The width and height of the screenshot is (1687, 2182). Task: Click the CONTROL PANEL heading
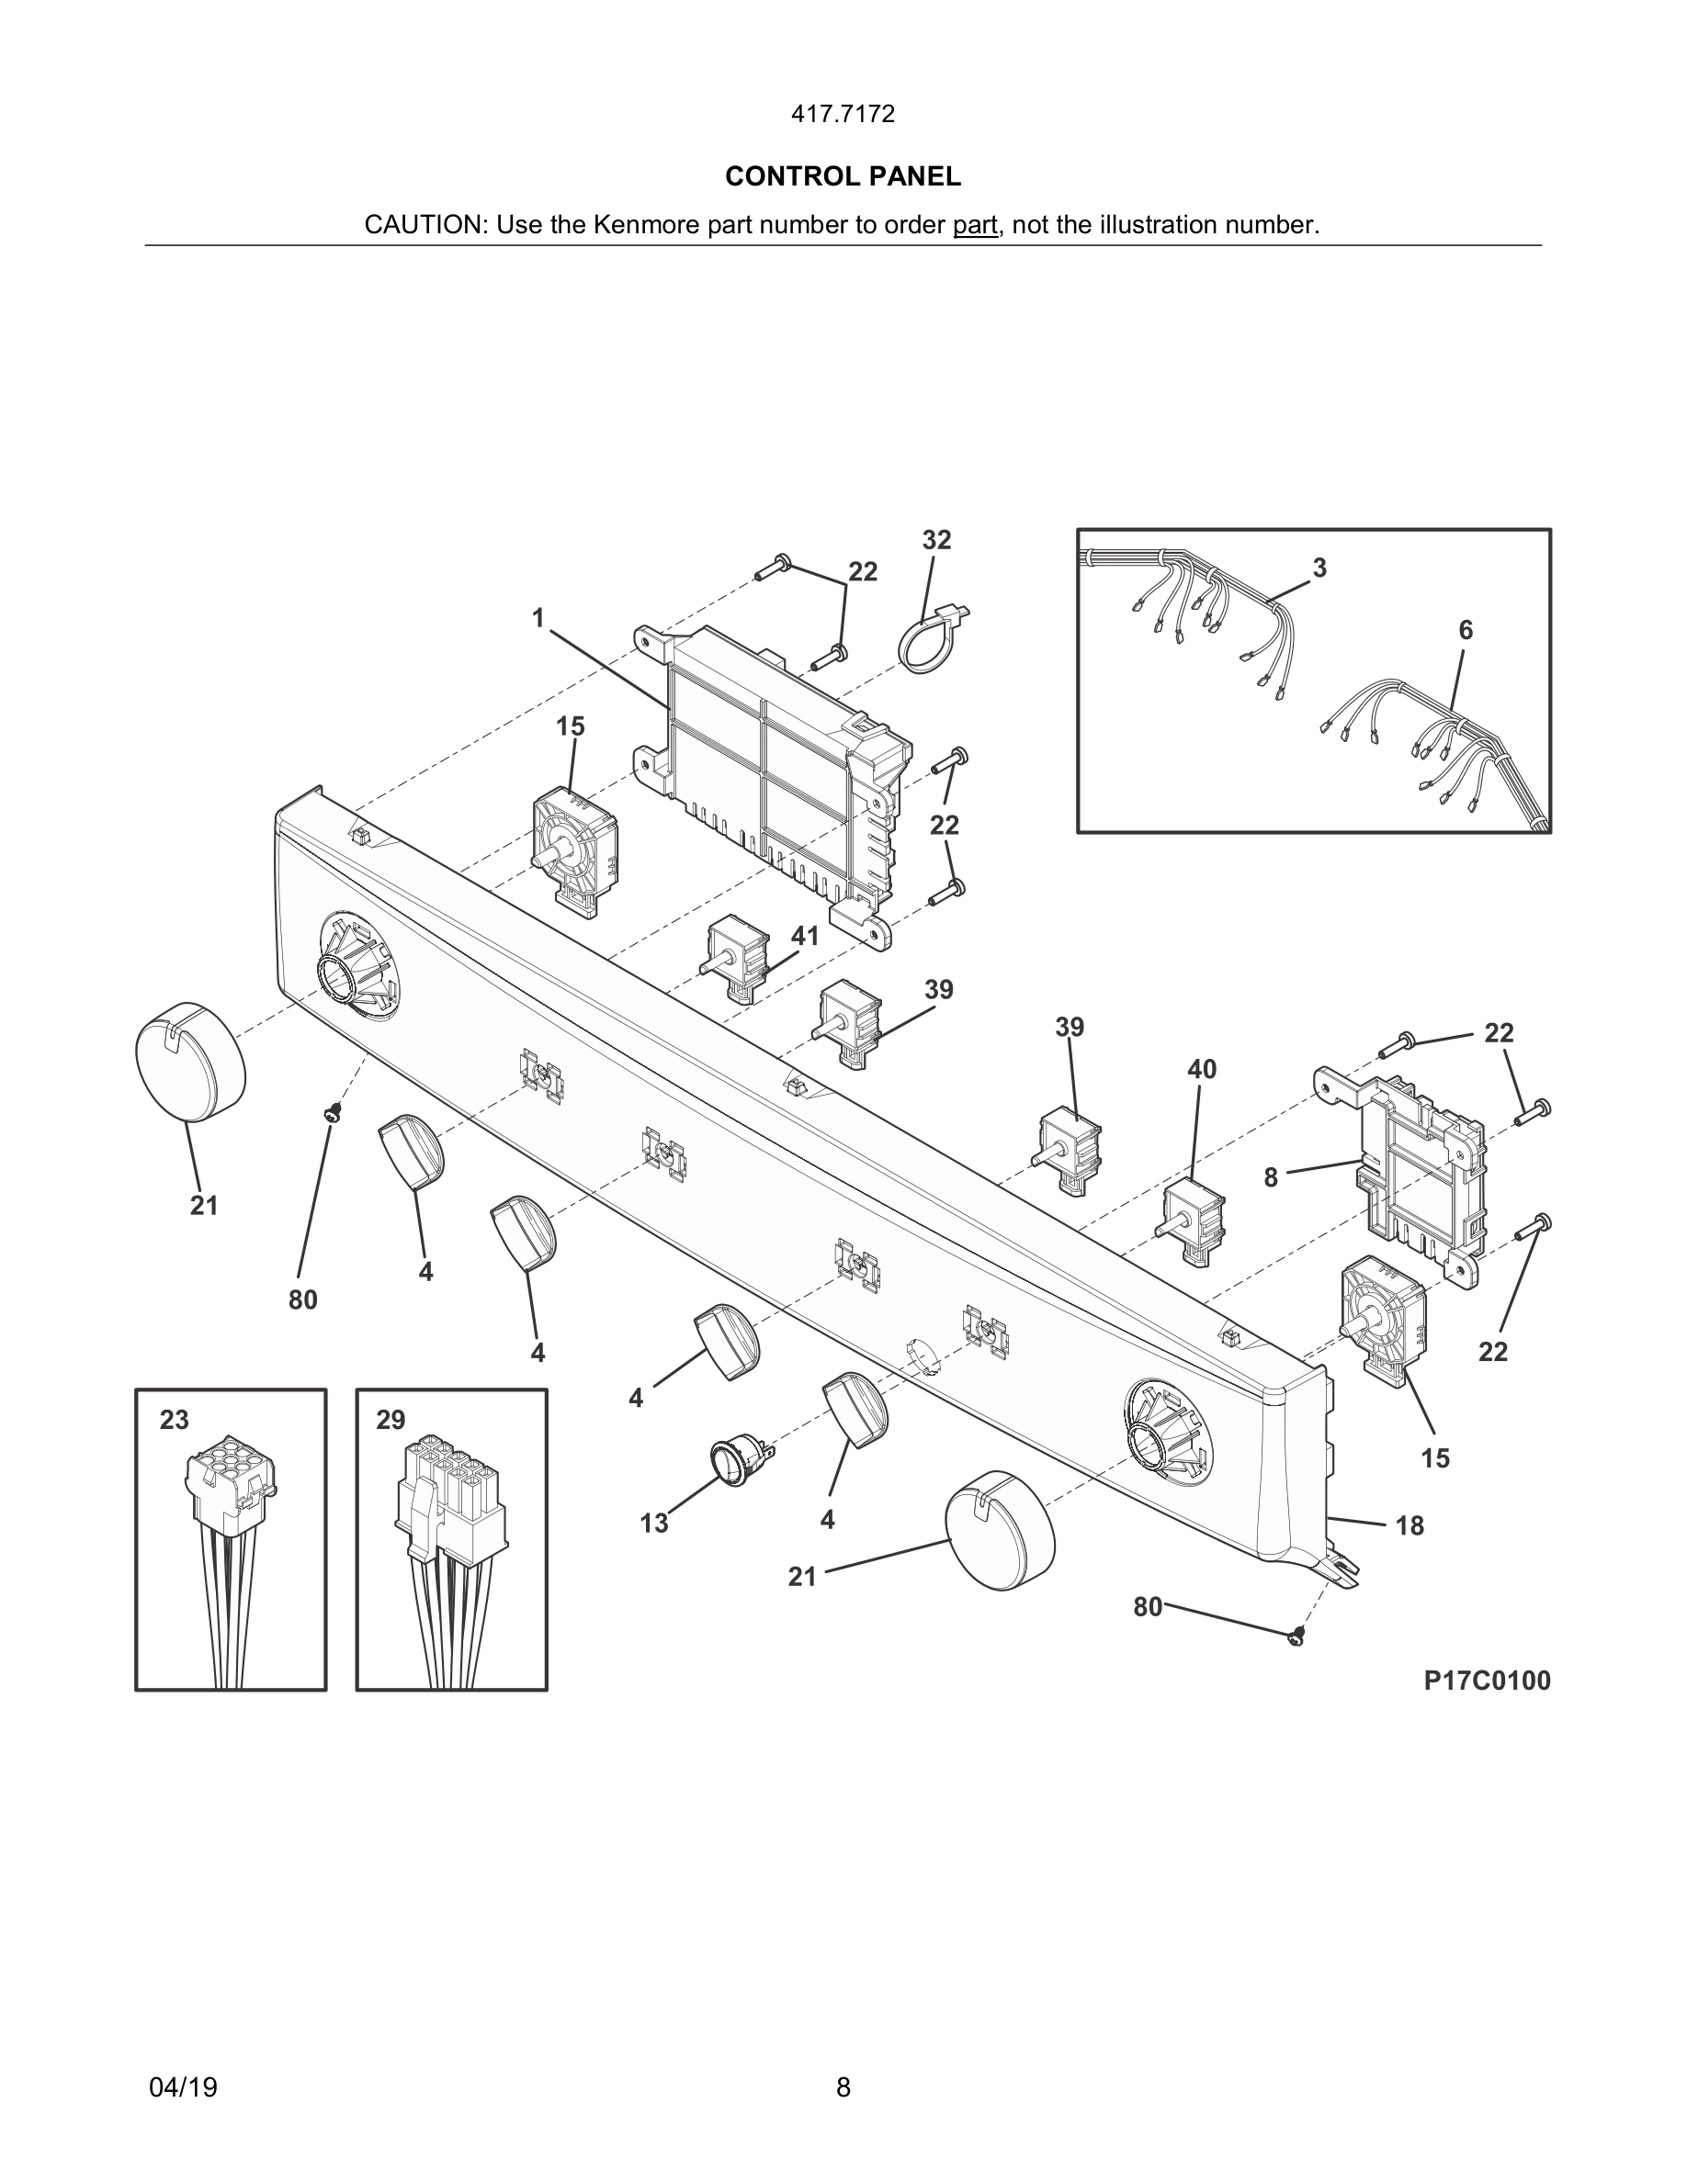[843, 177]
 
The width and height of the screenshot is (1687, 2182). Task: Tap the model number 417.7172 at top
[843, 115]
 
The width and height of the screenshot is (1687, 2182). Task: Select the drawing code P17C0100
[1487, 1681]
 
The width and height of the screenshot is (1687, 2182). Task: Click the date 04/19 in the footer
[183, 2087]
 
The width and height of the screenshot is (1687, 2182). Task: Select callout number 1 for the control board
[538, 618]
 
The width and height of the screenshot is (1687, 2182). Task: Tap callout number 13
[653, 1524]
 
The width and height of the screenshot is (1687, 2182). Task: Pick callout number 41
[805, 936]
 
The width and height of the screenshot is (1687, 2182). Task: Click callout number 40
[1201, 1069]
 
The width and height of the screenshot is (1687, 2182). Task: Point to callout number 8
[1270, 1178]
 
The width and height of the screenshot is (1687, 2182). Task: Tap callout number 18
[1410, 1525]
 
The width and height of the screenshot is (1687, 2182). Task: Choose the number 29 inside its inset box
[391, 1420]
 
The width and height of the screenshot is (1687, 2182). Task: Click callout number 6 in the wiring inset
[1466, 630]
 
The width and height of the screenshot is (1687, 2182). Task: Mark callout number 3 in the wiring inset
[1319, 568]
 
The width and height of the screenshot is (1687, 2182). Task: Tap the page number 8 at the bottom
[843, 2087]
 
